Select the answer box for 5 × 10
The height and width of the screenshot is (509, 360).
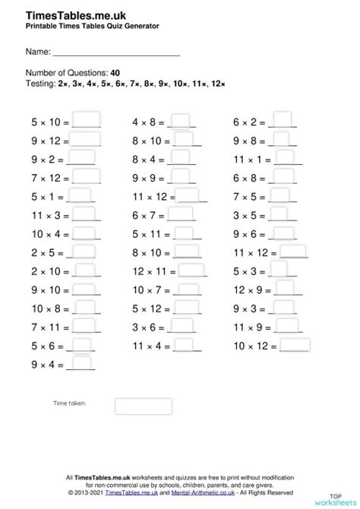click(87, 120)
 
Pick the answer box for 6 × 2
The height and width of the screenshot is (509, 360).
click(283, 120)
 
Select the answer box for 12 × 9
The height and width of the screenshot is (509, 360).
click(286, 289)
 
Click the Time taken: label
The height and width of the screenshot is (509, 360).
click(69, 403)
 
